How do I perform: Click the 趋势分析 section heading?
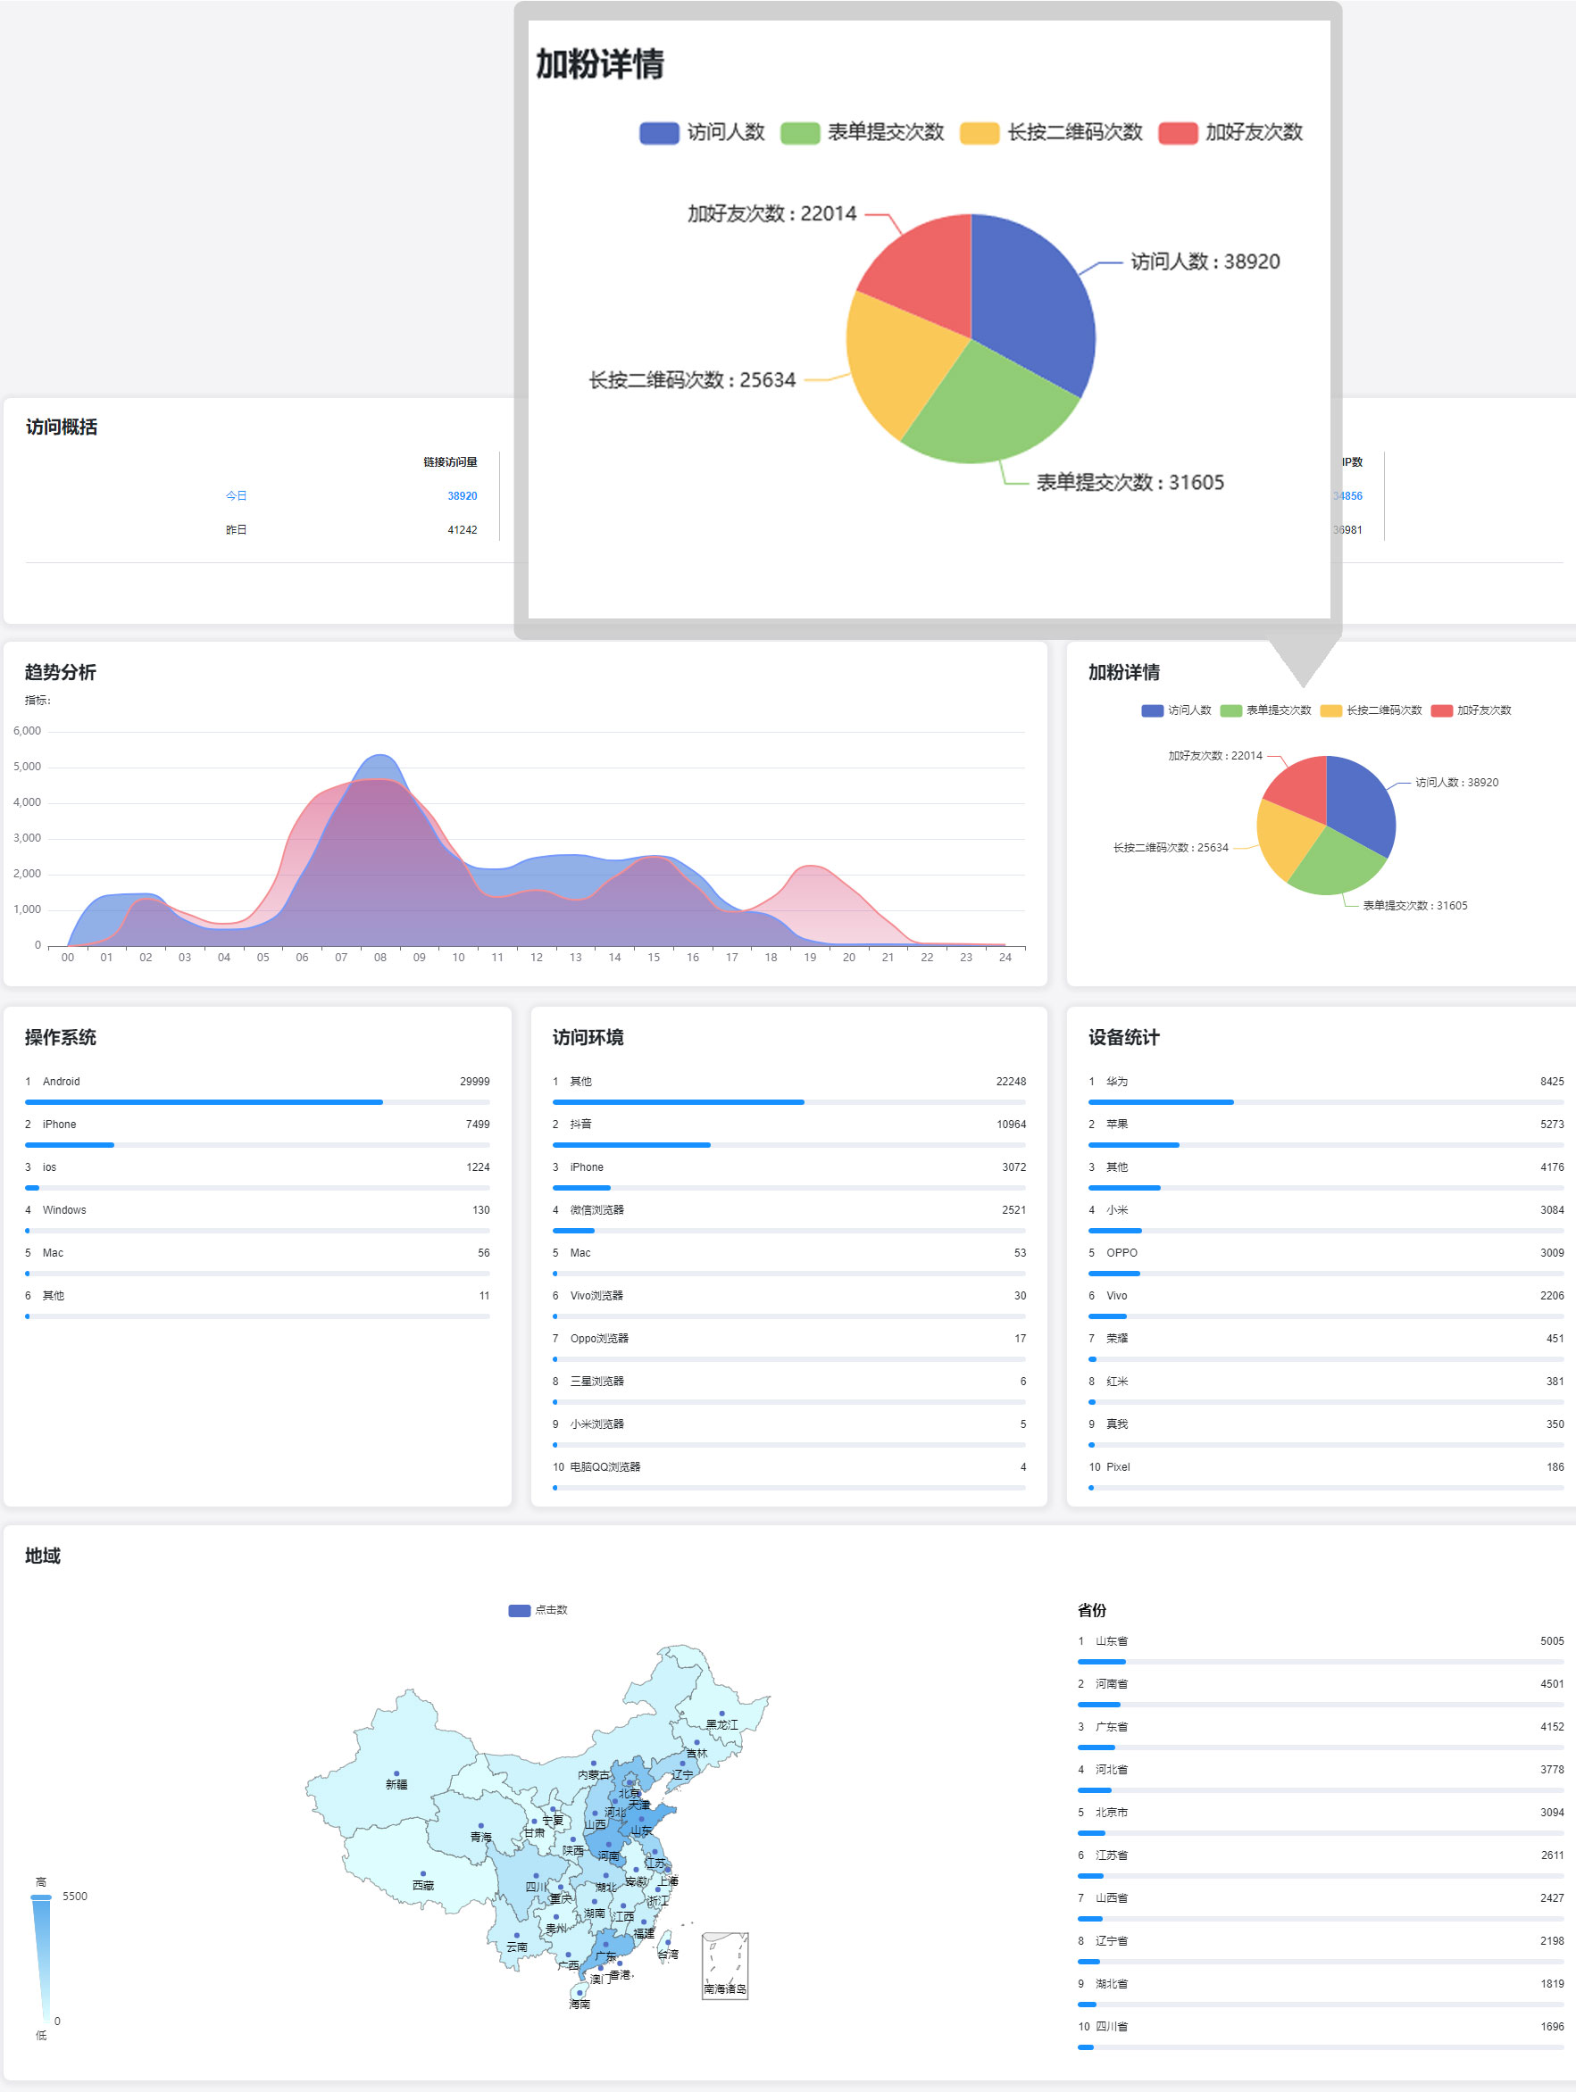pos(60,671)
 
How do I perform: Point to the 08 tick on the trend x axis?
pos(379,957)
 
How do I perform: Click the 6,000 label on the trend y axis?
pos(28,731)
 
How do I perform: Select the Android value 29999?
pos(474,1081)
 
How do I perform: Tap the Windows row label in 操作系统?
pos(63,1209)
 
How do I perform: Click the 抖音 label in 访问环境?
pos(580,1124)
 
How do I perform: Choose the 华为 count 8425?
pos(1551,1081)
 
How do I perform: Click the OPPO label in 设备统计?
pos(1121,1252)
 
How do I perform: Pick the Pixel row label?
pos(1117,1467)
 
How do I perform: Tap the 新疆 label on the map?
pos(396,1784)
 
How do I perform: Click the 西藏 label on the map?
pos(423,1885)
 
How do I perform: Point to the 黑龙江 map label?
pos(721,1724)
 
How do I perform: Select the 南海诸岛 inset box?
pos(725,1965)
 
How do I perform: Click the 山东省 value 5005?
pos(1551,1641)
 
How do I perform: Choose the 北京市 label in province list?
pos(1111,1812)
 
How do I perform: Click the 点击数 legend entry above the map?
pos(538,1610)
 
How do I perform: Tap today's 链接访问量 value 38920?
pos(462,495)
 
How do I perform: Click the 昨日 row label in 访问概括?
pos(236,529)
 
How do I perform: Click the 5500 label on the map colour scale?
pos(75,1897)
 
